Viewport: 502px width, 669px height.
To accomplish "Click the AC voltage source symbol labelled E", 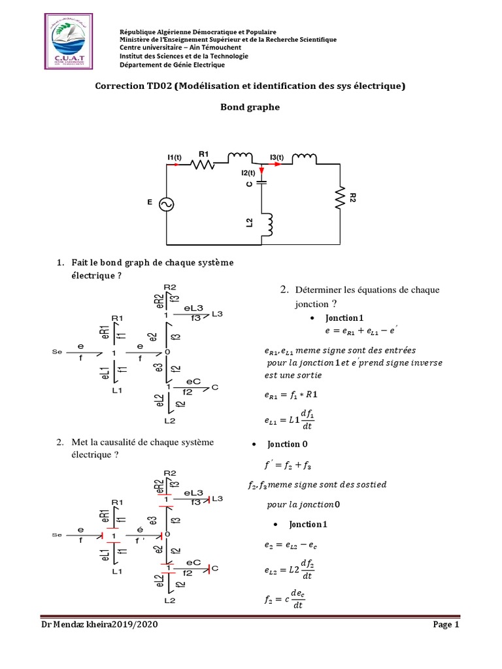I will pos(167,204).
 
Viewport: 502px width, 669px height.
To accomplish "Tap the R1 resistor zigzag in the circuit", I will pos(203,166).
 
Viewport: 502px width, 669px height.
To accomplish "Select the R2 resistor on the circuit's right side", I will pos(341,197).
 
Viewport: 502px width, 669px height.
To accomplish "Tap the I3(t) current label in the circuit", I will pos(277,157).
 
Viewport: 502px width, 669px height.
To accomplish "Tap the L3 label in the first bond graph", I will pos(218,314).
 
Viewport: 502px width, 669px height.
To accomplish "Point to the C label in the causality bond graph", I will pos(214,568).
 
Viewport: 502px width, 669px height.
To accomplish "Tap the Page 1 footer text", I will pos(447,625).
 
